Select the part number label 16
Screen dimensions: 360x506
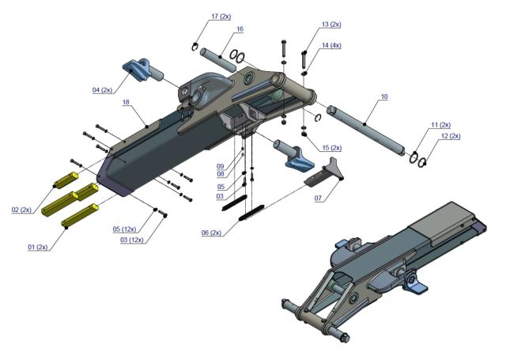240,29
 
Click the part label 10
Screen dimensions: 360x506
384,97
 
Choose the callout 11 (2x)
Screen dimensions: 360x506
440,125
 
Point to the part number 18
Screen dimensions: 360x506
126,103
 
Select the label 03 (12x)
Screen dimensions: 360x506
133,240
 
